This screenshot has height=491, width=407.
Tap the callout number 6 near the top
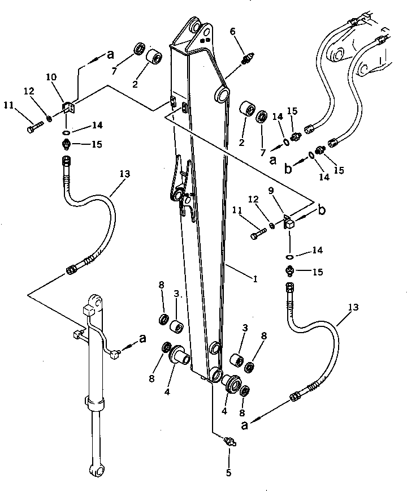(x=232, y=32)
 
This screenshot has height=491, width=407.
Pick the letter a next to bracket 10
(x=110, y=55)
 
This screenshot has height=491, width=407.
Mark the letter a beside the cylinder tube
(x=143, y=339)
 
